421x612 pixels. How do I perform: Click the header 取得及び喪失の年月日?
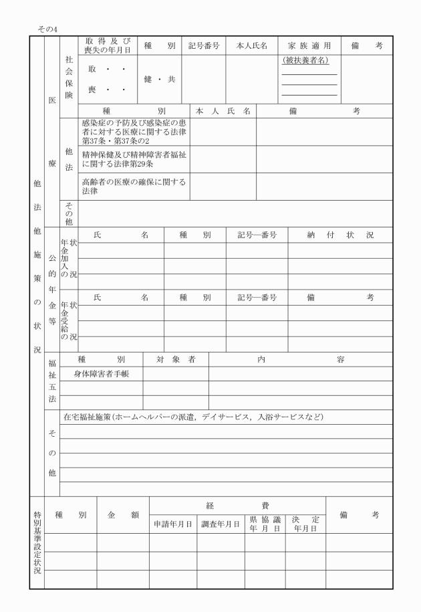tap(108, 45)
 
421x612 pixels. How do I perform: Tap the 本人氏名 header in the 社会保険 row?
tap(252, 45)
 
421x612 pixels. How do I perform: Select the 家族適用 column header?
tap(309, 45)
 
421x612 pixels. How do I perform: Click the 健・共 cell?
tap(160, 79)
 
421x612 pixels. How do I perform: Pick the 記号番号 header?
tap(203, 45)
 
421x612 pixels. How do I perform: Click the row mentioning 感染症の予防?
tap(134, 132)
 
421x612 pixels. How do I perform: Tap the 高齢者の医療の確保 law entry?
tap(134, 186)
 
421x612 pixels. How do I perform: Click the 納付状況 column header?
tap(340, 235)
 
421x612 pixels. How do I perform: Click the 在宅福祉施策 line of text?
tap(193, 417)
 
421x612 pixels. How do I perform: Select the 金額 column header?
tap(123, 514)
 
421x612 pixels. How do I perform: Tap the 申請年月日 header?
tap(172, 524)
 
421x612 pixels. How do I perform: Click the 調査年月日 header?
tap(221, 524)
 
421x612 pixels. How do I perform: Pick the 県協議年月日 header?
tap(265, 524)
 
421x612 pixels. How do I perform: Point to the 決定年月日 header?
tap(305, 524)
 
